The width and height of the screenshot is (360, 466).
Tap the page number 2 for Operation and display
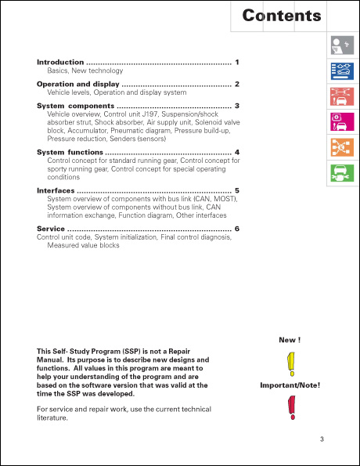tap(236, 84)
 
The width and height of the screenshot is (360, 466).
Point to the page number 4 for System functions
tap(236, 151)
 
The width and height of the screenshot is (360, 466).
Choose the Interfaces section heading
tap(56, 190)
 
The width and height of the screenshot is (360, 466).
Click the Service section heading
tap(51, 229)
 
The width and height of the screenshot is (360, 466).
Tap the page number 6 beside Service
tap(236, 229)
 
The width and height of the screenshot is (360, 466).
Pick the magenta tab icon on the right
tap(341, 124)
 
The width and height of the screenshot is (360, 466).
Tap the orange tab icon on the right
tap(341, 147)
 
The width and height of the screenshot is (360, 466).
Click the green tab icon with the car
tap(341, 172)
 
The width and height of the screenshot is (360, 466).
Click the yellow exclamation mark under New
tap(290, 363)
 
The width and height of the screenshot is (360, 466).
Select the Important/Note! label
tap(290, 385)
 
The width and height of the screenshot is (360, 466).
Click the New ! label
tap(290, 340)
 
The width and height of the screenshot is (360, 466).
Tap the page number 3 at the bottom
tap(321, 439)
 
